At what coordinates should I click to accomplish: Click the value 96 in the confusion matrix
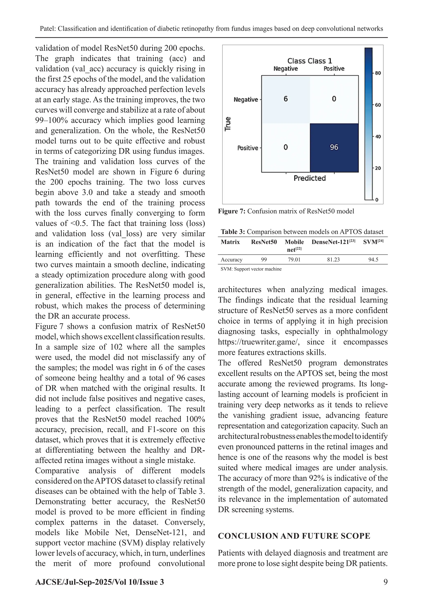[334, 147]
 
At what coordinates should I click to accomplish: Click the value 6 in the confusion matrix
[286, 99]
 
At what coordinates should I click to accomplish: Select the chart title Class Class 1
[310, 61]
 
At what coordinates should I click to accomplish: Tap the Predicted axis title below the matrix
[310, 178]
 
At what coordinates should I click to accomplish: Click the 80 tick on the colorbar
[378, 73]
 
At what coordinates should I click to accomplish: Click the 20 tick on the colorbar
[378, 168]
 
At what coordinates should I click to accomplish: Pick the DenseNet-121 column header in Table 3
[333, 242]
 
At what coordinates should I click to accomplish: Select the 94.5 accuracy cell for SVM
[373, 260]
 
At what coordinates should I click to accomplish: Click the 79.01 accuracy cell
[294, 260]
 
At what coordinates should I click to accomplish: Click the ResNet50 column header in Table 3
[264, 242]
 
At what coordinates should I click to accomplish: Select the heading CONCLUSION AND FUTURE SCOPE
[294, 536]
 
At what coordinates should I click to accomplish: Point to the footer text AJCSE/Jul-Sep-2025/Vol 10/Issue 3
[100, 582]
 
